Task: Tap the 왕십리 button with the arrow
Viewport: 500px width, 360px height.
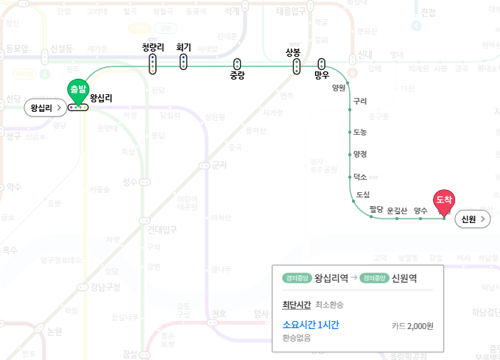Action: coord(45,107)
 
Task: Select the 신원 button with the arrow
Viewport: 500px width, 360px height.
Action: coord(473,219)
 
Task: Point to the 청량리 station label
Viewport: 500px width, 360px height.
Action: coord(152,48)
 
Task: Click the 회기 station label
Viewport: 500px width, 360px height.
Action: coord(183,47)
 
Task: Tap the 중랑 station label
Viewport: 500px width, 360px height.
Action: coord(236,75)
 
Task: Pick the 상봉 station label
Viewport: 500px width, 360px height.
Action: coord(293,52)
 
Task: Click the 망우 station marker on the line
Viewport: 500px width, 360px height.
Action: coord(321,63)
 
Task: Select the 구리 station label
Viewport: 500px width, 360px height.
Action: coord(360,101)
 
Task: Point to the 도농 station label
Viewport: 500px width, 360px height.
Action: coord(360,132)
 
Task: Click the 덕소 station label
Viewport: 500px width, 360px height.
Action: coord(360,177)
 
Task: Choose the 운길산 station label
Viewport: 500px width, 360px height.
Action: coord(397,211)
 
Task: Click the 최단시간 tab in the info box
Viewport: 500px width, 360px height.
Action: coord(296,305)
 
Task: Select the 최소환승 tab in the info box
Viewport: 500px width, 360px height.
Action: coord(329,305)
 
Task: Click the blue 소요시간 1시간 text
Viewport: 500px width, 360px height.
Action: coord(310,325)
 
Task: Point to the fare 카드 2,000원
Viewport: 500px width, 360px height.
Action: coord(412,325)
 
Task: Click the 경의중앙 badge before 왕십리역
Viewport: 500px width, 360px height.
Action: coord(296,278)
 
